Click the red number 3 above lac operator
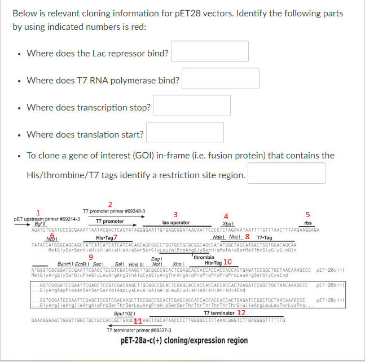175,214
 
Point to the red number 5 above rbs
307,214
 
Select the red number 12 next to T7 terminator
241,312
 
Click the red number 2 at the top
110,204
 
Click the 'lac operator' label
176,223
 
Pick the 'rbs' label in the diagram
307,223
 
